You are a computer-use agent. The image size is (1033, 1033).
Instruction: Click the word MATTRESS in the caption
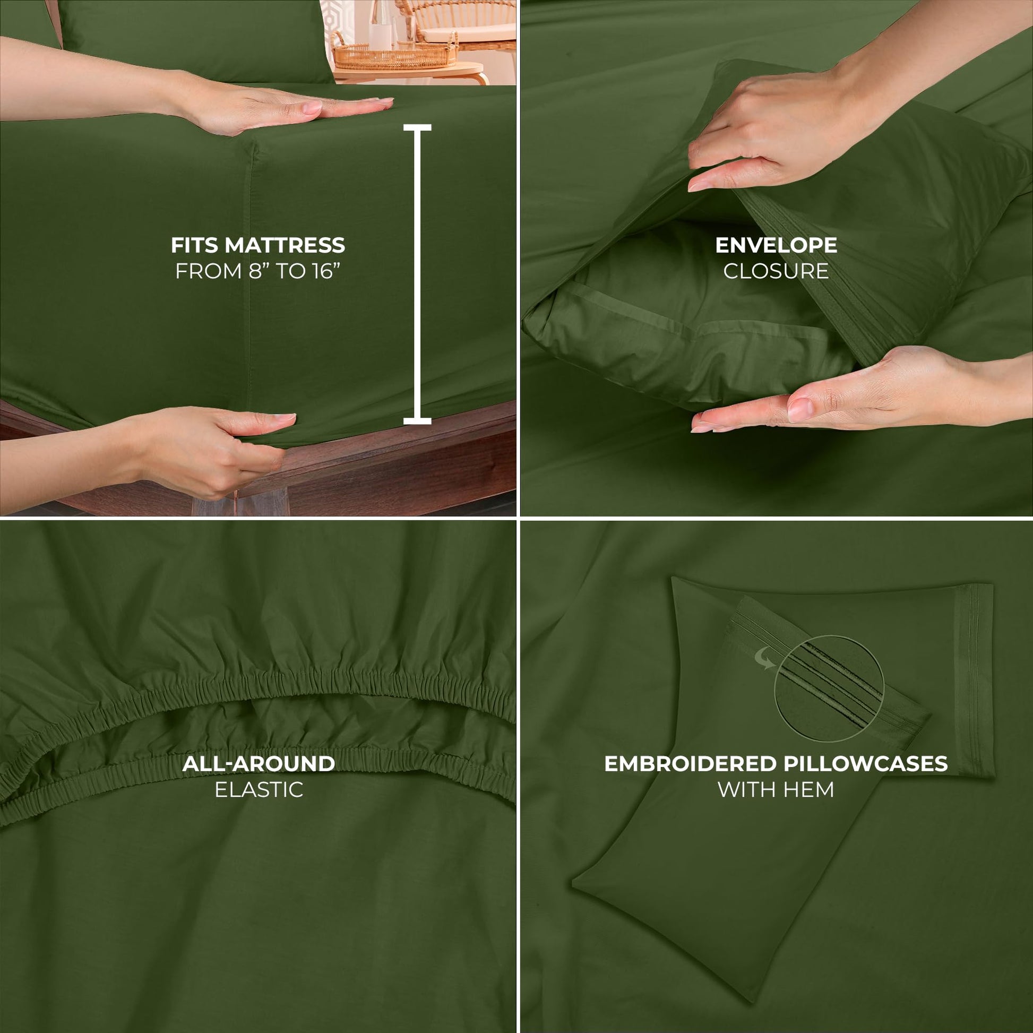[285, 245]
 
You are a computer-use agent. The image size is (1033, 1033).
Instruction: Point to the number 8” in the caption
[260, 271]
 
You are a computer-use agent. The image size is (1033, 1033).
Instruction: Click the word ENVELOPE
[777, 245]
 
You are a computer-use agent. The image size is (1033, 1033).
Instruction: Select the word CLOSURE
[777, 271]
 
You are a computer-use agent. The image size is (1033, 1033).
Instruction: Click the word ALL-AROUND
[259, 763]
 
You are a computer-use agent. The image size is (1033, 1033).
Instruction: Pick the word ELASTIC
[259, 789]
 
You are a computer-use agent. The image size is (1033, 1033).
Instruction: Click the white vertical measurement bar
[417, 274]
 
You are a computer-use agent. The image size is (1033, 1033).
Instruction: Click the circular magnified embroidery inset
[829, 688]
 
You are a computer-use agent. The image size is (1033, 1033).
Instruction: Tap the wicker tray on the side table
[395, 56]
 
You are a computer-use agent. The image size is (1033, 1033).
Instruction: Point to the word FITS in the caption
[194, 245]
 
